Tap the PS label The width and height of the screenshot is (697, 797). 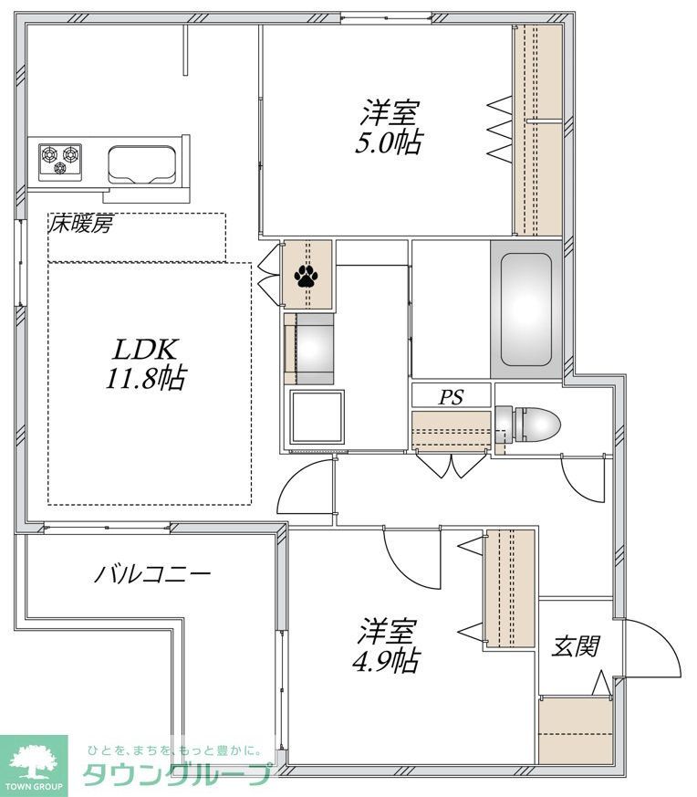[x=451, y=397]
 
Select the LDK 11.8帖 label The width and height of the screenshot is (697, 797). [x=150, y=363]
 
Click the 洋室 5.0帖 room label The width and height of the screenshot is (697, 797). [x=390, y=128]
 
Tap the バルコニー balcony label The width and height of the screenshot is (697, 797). [x=153, y=574]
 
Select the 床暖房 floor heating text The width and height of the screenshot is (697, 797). [x=81, y=225]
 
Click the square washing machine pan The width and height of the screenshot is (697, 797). [x=317, y=418]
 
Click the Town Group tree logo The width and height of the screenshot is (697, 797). [x=33, y=757]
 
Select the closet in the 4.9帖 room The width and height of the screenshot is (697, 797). [x=509, y=589]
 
